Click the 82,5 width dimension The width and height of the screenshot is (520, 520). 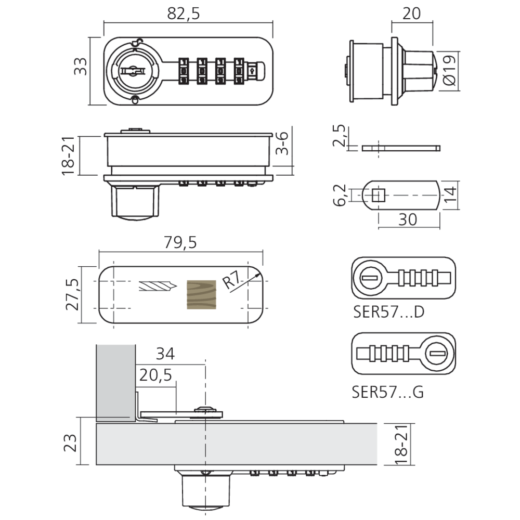[184, 14]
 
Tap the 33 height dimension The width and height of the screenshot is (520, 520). [81, 67]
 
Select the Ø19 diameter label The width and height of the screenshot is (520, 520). [450, 70]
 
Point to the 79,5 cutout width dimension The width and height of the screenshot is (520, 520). [180, 243]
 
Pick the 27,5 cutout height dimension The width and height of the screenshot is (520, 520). [72, 294]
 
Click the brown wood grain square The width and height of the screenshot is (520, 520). [201, 294]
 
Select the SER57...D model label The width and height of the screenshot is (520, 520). [388, 312]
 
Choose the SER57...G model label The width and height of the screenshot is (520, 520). [388, 392]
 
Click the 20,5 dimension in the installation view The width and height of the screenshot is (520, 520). [155, 375]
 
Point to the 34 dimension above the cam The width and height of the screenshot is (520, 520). [165, 354]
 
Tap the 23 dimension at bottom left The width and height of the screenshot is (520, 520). [70, 443]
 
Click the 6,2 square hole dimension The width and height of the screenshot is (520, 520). [340, 196]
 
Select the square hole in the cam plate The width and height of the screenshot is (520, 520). [379, 196]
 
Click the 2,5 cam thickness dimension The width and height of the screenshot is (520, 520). [339, 136]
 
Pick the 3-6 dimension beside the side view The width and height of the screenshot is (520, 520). [282, 143]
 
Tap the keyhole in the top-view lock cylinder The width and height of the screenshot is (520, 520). [133, 71]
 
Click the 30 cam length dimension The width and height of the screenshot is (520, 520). [408, 219]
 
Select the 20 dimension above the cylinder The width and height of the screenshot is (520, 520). [411, 14]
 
